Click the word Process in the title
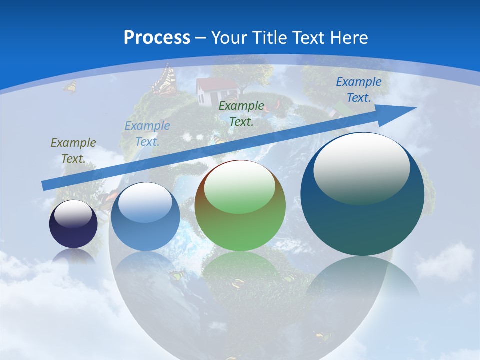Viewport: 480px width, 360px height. pyautogui.click(x=157, y=37)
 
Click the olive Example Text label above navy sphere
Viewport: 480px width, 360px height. pyautogui.click(x=73, y=150)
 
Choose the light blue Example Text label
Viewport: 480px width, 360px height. pyautogui.click(x=147, y=134)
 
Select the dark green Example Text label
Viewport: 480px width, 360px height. pyautogui.click(x=241, y=113)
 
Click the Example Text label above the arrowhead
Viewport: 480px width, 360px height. pyautogui.click(x=358, y=90)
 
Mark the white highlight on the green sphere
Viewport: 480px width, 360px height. pyautogui.click(x=239, y=186)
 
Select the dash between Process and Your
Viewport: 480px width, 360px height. pyautogui.click(x=201, y=38)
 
